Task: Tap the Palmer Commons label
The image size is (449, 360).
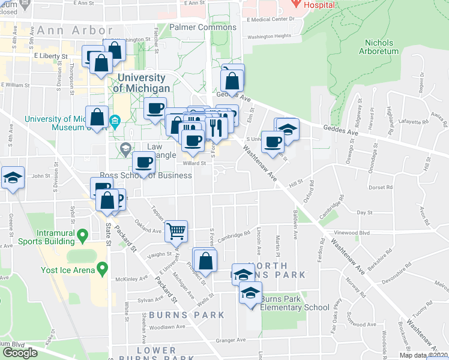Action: point(203,28)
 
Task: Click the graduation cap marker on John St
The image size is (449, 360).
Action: point(13,178)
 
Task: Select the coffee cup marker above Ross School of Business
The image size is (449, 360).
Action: point(144,163)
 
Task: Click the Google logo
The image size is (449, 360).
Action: point(20,353)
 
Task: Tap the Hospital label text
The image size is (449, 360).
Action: point(319,4)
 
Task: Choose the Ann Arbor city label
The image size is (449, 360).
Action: point(74,30)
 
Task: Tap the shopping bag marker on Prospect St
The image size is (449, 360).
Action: point(205,259)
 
